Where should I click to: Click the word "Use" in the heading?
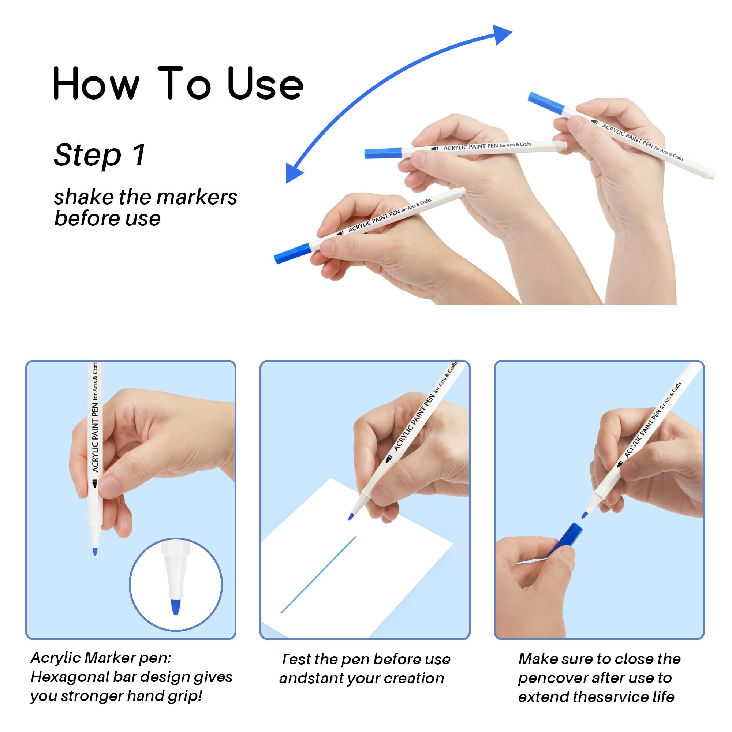(265, 84)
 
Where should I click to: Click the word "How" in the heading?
(96, 83)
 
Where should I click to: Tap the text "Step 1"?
(100, 155)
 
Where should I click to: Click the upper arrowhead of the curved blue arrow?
(501, 34)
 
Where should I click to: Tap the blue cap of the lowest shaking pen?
(293, 253)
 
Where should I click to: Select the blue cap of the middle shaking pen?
(383, 153)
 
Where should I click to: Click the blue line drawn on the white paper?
(318, 574)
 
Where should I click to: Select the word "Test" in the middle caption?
(295, 659)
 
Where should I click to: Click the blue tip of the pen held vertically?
(95, 551)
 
